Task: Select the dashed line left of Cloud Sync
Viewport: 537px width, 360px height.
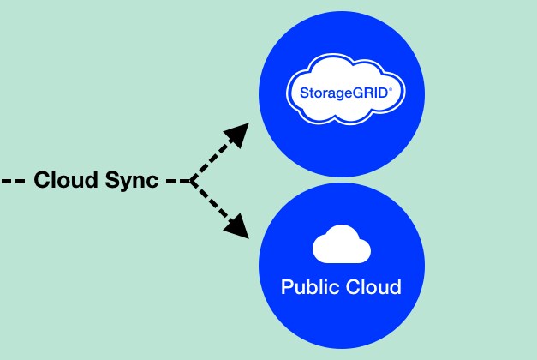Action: (13, 181)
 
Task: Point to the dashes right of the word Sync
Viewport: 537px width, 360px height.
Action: (176, 181)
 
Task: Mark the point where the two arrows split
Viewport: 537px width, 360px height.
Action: (191, 181)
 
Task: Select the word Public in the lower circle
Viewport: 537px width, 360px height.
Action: (306, 286)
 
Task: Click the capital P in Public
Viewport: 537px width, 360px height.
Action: (287, 286)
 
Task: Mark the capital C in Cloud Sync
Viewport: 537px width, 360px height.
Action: (41, 181)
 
